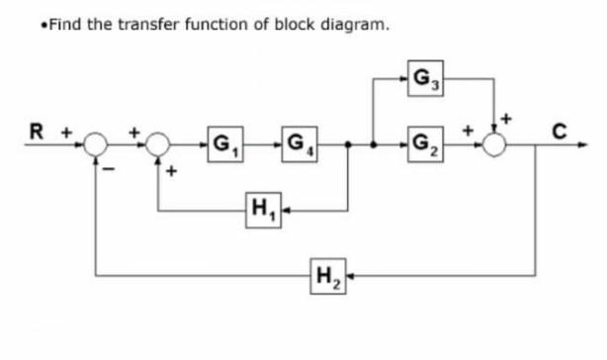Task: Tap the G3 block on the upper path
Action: (426, 78)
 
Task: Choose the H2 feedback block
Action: (324, 274)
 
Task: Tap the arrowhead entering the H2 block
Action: (345, 274)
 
